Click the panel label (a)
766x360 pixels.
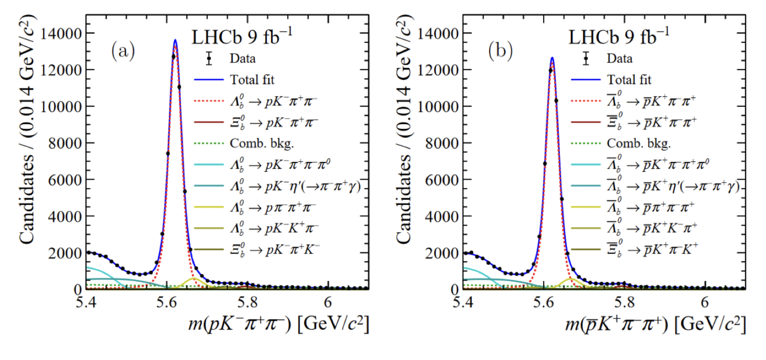tap(123, 51)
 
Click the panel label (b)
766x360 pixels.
tap(500, 51)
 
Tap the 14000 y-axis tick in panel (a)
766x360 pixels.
tap(61, 34)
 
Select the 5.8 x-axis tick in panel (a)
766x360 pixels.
tap(247, 302)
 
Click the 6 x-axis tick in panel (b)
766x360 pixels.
tap(705, 302)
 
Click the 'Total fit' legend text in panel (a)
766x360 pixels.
tap(252, 80)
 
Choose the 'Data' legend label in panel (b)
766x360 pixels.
tap(619, 59)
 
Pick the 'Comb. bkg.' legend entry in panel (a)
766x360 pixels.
tap(262, 143)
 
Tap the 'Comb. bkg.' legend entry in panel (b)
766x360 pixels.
tap(639, 143)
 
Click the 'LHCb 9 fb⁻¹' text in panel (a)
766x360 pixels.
tap(242, 36)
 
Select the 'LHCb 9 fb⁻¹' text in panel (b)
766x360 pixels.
tap(619, 36)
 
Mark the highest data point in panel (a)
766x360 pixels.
tap(173, 57)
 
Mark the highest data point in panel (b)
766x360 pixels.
tap(551, 71)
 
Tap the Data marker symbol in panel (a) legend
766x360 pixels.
tap(209, 59)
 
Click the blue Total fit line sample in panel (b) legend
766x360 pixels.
tap(586, 80)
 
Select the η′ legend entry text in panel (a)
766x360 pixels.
tap(295, 186)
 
